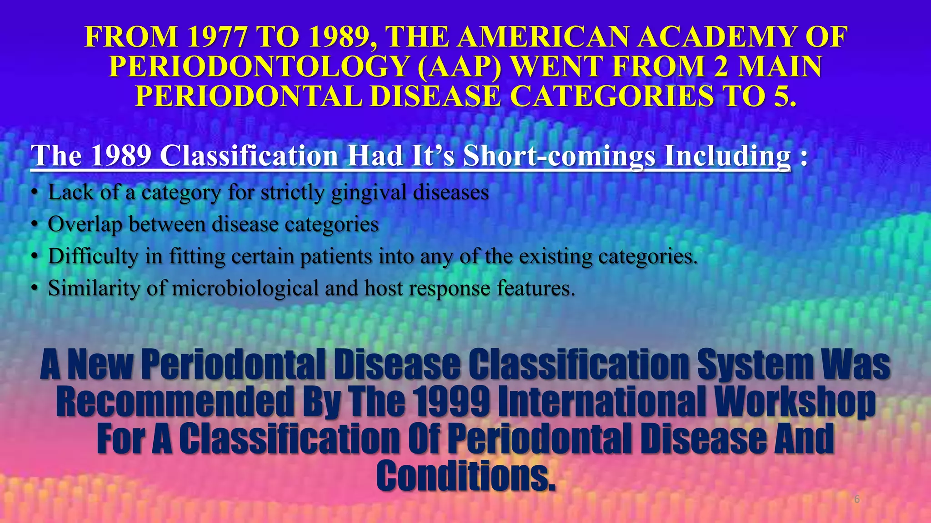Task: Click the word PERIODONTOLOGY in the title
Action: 260,67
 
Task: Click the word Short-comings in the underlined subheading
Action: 559,156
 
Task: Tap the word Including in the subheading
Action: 727,156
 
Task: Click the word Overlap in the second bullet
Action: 85,224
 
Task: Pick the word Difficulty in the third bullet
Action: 93,257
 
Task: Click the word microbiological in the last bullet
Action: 245,288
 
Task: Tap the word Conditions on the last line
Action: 465,475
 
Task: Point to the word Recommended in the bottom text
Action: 175,402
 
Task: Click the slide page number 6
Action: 857,499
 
